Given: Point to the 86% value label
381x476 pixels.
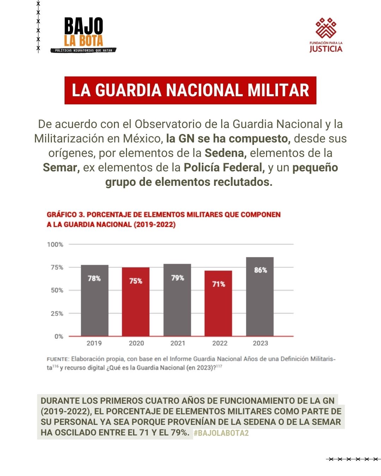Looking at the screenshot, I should click(260, 270).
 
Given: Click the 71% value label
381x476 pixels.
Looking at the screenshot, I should click(219, 284).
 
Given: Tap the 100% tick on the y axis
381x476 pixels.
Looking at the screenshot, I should click(55, 244).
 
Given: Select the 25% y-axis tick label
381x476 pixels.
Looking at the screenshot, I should click(57, 313).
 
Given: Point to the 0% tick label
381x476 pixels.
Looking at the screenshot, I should click(59, 336).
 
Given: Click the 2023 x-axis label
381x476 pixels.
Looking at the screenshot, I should click(260, 343).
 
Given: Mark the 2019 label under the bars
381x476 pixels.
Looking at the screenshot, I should click(94, 343).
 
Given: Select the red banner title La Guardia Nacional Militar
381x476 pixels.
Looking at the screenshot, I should click(190, 90).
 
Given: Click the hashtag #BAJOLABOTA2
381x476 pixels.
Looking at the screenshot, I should click(221, 433).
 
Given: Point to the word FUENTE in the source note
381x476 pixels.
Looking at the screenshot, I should click(58, 359).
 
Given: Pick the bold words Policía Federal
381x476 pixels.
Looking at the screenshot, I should click(224, 167).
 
